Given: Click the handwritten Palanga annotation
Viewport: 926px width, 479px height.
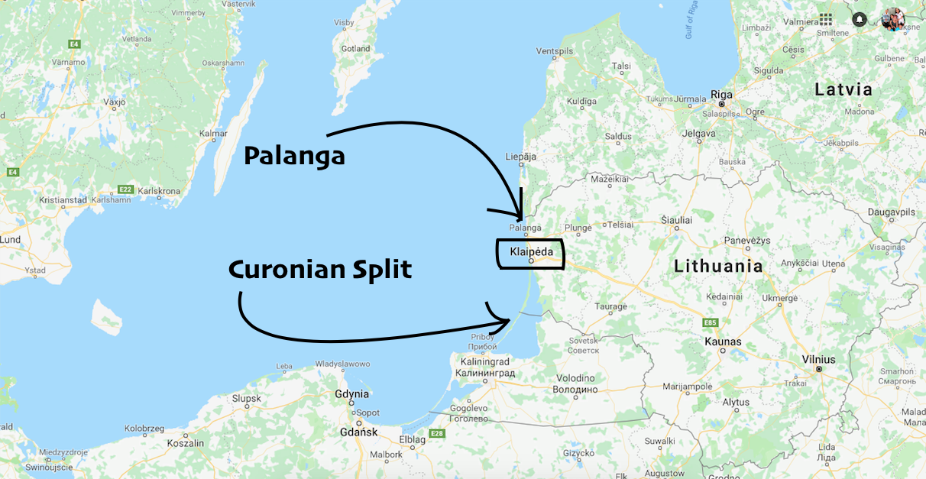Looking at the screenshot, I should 294,157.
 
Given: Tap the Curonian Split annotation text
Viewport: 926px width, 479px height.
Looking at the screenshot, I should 320,269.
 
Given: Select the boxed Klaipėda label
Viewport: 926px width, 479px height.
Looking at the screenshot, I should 531,251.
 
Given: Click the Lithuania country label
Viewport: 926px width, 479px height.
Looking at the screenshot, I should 719,267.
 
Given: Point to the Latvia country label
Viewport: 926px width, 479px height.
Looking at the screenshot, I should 843,89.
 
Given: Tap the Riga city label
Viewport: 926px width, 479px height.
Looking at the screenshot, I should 721,95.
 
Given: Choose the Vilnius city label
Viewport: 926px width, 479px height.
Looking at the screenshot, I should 818,359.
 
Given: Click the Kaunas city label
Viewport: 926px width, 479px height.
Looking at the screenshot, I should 723,341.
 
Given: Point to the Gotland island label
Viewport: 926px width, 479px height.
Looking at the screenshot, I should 355,49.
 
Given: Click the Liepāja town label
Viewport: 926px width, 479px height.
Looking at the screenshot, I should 521,157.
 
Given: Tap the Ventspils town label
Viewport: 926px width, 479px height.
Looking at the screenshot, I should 554,51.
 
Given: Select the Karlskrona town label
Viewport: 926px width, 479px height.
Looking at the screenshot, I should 159,190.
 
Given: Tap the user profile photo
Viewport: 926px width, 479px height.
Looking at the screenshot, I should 892,19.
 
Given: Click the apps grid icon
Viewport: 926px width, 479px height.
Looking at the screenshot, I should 826,19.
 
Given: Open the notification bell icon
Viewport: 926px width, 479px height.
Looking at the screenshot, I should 860,19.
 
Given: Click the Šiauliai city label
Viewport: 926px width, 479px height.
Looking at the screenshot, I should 676,220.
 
